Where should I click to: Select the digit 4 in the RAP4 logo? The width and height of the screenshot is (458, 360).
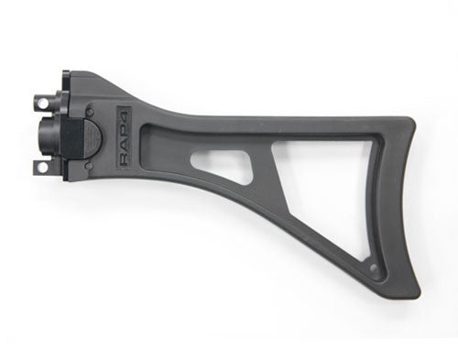[125, 116]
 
